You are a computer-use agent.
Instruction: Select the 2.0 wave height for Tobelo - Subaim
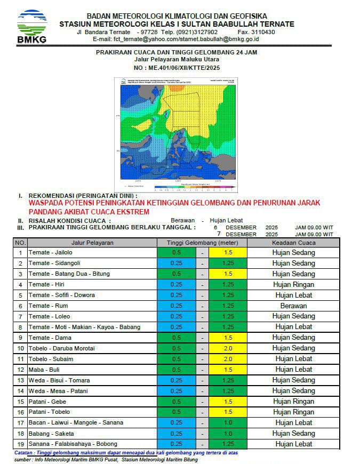click(x=228, y=359)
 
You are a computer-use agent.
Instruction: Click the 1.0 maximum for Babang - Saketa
click(x=228, y=434)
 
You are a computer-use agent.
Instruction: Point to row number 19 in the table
click(x=20, y=444)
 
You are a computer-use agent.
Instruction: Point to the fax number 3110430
click(x=262, y=32)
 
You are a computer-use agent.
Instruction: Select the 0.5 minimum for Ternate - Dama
click(x=177, y=338)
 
